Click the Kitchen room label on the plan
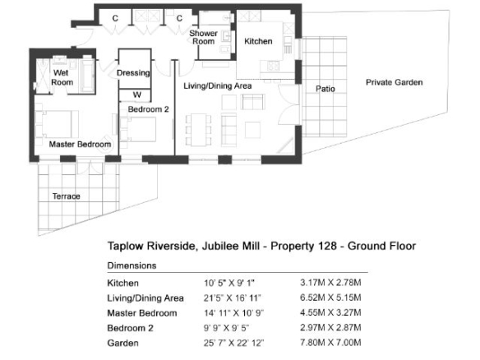(258, 41)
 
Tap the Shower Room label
(203, 37)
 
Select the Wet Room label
(62, 77)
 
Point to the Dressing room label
(133, 73)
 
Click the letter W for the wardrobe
(136, 95)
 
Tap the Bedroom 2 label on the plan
(149, 109)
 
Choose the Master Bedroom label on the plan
(80, 144)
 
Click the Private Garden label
(395, 82)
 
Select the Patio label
(325, 89)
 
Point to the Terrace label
(66, 196)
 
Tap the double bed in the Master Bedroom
(58, 124)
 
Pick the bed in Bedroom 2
(138, 130)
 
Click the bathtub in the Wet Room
(87, 75)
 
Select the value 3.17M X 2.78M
(330, 282)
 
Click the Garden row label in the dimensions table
(122, 343)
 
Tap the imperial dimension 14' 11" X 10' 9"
(234, 313)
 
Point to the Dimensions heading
(132, 265)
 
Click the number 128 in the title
(328, 246)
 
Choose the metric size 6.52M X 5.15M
(330, 298)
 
